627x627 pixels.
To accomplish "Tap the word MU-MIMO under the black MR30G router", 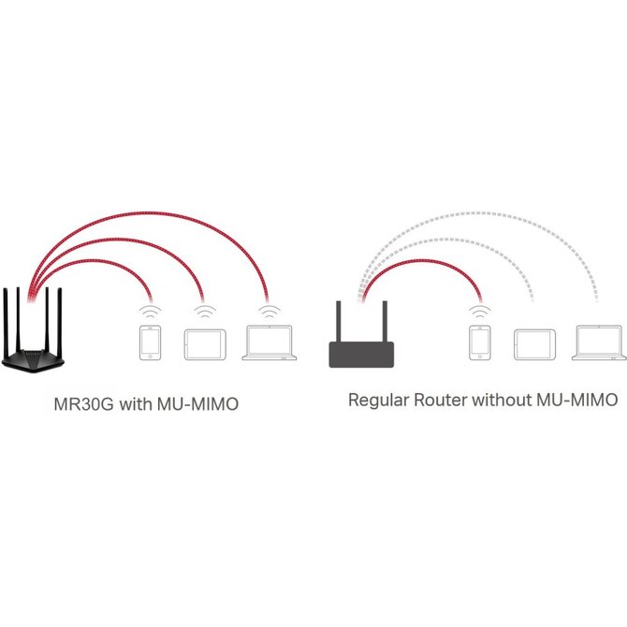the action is pos(198,404).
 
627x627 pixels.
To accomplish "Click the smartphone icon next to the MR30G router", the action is pos(150,343).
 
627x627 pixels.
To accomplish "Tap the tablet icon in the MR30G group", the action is pos(205,344).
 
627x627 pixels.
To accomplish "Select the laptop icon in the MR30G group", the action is pos(270,343).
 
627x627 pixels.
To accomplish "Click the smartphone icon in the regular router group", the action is pos(479,343).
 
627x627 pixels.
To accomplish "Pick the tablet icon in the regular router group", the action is pos(534,344).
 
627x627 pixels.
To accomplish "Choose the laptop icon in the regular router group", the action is pos(599,343).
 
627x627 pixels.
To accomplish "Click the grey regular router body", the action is pos(361,355).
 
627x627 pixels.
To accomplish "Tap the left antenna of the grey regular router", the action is pos(338,322).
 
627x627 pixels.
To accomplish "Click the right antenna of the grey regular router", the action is pos(385,322).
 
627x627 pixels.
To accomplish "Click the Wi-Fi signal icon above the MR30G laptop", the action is pos(270,312).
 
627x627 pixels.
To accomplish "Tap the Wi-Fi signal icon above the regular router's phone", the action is pos(480,312).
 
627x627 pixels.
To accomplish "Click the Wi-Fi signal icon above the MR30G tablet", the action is pos(205,312).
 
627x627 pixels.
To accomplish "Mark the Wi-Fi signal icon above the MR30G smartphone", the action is pos(150,312).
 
